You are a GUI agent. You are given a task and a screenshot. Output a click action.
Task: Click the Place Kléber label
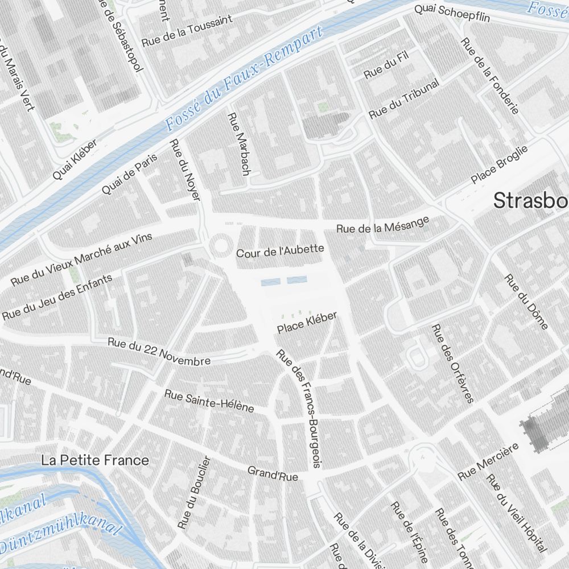[307, 323]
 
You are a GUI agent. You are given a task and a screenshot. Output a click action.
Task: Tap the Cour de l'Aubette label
[280, 250]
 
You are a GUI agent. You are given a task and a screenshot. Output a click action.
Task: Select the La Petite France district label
[95, 460]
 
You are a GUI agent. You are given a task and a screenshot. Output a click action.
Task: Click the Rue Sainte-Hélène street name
[209, 401]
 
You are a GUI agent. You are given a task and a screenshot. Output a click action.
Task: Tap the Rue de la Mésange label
[382, 225]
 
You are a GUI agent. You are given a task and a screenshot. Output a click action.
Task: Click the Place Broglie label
[499, 164]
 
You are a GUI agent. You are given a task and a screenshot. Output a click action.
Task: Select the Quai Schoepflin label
[452, 13]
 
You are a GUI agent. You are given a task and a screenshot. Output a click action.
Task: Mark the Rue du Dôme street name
[527, 302]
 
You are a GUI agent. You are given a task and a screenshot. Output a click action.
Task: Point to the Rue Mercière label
[488, 461]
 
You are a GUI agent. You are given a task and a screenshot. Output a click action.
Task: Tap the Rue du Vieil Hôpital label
[516, 512]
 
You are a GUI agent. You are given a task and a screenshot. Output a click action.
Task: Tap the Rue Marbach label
[238, 143]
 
